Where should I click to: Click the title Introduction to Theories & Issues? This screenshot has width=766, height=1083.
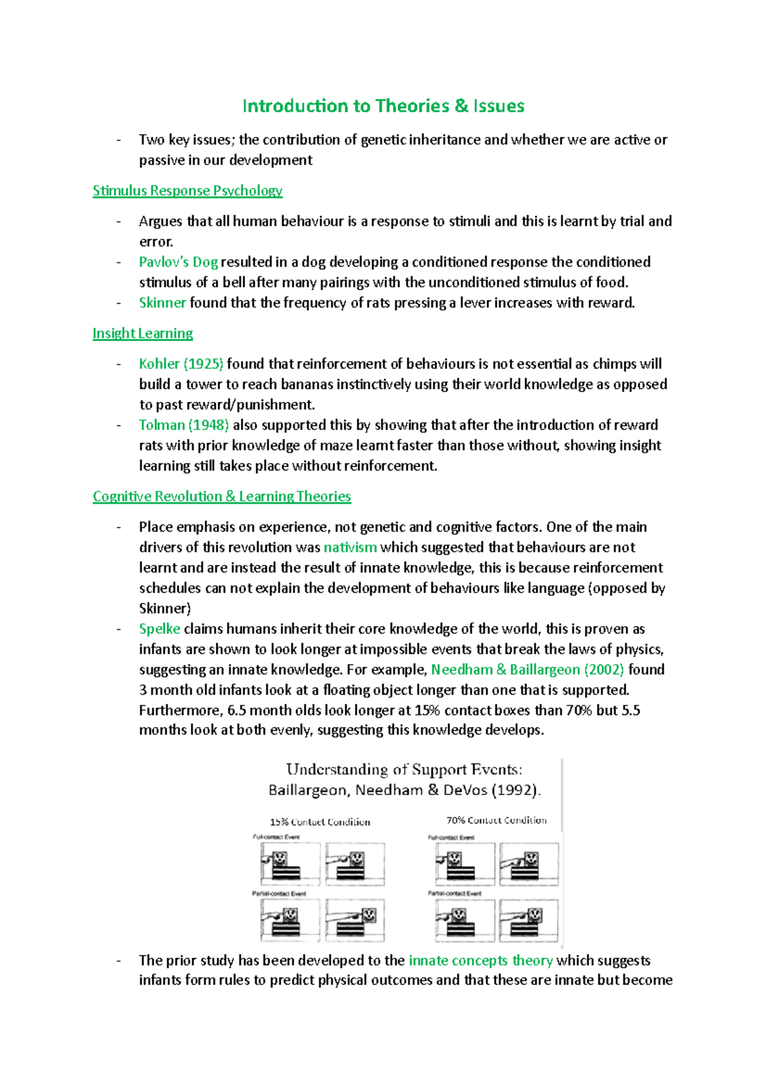click(383, 106)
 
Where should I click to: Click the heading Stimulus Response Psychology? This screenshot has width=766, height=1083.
click(187, 191)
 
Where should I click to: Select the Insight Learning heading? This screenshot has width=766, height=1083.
click(142, 334)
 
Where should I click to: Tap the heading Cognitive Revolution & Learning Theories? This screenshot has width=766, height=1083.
click(222, 496)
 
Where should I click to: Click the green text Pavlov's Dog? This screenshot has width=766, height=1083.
click(178, 262)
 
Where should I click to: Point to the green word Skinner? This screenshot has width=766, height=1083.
click(162, 303)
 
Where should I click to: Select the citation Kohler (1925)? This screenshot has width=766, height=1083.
click(181, 364)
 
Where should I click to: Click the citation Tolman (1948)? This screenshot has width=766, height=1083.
click(184, 425)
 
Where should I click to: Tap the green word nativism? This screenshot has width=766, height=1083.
click(350, 547)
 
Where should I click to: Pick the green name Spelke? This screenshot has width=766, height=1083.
click(159, 629)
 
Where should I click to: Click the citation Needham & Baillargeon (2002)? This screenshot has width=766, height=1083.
click(527, 670)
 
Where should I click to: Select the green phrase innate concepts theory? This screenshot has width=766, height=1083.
click(480, 961)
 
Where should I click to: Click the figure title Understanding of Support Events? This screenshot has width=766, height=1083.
click(404, 769)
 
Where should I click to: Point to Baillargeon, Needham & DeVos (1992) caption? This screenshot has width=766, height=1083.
click(405, 790)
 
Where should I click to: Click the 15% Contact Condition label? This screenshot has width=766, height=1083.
click(320, 822)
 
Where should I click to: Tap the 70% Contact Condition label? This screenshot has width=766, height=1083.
click(496, 820)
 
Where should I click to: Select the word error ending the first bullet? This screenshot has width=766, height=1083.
click(156, 242)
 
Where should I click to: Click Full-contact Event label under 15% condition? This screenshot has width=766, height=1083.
click(276, 837)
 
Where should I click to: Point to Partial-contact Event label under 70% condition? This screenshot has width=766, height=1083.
click(454, 894)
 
